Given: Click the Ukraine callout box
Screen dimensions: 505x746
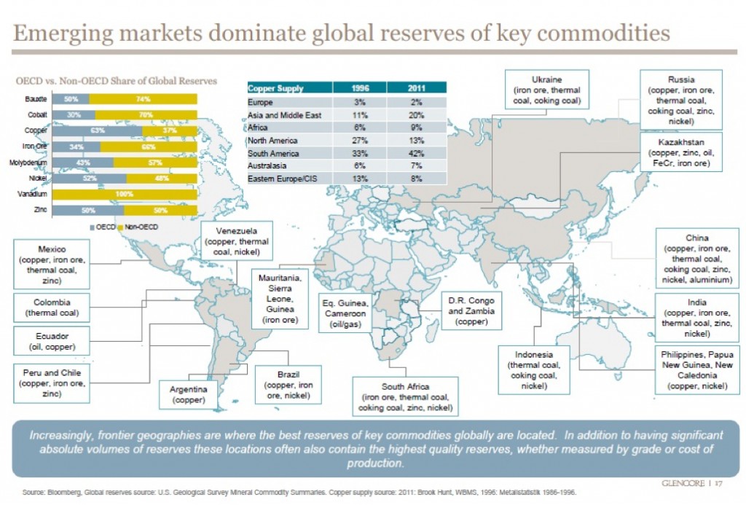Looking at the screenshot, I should click(546, 90).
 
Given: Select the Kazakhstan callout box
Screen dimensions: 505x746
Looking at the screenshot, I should click(680, 151).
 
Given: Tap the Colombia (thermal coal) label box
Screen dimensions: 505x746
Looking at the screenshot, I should click(52, 308).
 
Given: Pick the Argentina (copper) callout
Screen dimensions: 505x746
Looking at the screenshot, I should click(189, 394).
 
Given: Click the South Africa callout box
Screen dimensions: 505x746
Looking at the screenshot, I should click(405, 396).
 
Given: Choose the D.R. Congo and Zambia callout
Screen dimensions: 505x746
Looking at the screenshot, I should click(471, 311).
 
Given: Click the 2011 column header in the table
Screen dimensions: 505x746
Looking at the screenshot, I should click(416, 88).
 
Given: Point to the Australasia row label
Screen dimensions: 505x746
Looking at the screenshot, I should click(269, 165).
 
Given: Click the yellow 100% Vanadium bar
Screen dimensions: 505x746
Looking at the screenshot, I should click(125, 195).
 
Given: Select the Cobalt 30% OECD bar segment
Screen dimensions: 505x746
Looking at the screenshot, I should click(74, 114).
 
